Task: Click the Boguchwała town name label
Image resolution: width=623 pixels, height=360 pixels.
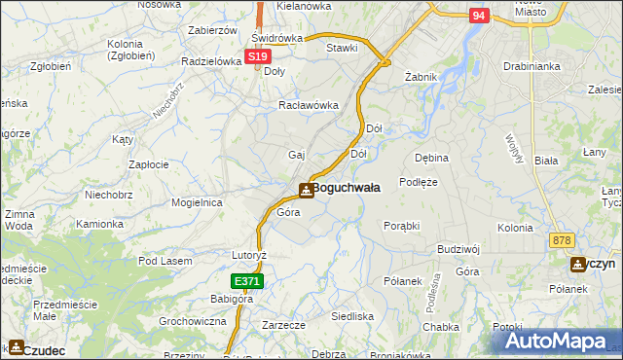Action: coord(346,188)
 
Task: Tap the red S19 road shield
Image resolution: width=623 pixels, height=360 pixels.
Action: coord(256,58)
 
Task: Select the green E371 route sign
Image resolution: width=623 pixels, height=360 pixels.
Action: coord(245,281)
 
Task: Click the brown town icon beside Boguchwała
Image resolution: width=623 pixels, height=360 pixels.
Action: coord(306,190)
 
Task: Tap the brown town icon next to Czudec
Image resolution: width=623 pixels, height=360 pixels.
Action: coord(15,347)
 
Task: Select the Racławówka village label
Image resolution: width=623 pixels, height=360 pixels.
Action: coord(308,105)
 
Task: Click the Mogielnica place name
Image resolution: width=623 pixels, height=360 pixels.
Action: coord(198,202)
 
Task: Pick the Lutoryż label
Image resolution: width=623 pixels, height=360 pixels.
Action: coord(248,254)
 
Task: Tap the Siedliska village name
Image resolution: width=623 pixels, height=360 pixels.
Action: coord(352,316)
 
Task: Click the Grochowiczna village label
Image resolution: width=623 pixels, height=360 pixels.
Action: coord(192,320)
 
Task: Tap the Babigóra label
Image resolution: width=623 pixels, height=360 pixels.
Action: coord(232,299)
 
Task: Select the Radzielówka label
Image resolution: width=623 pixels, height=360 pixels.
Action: coord(210,60)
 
